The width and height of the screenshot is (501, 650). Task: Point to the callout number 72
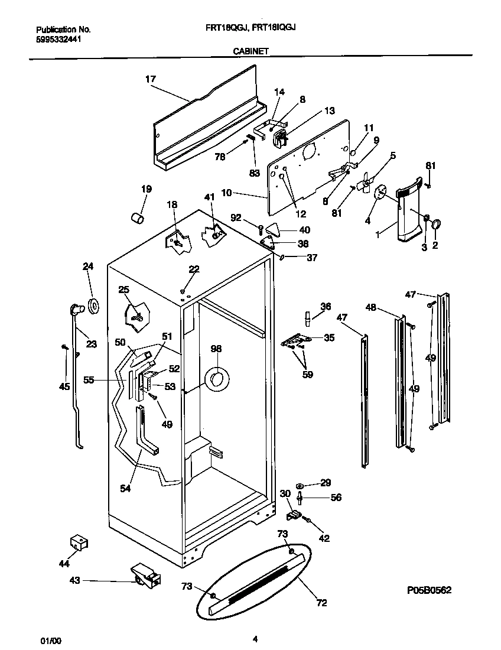point(321,603)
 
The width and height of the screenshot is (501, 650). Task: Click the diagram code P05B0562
point(433,590)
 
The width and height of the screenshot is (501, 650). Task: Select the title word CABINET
point(251,51)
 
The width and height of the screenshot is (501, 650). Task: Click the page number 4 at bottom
point(255,639)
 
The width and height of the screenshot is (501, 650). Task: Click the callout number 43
point(75,581)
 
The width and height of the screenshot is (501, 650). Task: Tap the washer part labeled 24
point(93,305)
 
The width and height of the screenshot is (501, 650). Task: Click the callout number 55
point(89,381)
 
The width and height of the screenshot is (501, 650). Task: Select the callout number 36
point(326,305)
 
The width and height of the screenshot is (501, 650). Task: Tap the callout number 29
point(326,483)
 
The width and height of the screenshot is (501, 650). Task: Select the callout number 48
point(370,307)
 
